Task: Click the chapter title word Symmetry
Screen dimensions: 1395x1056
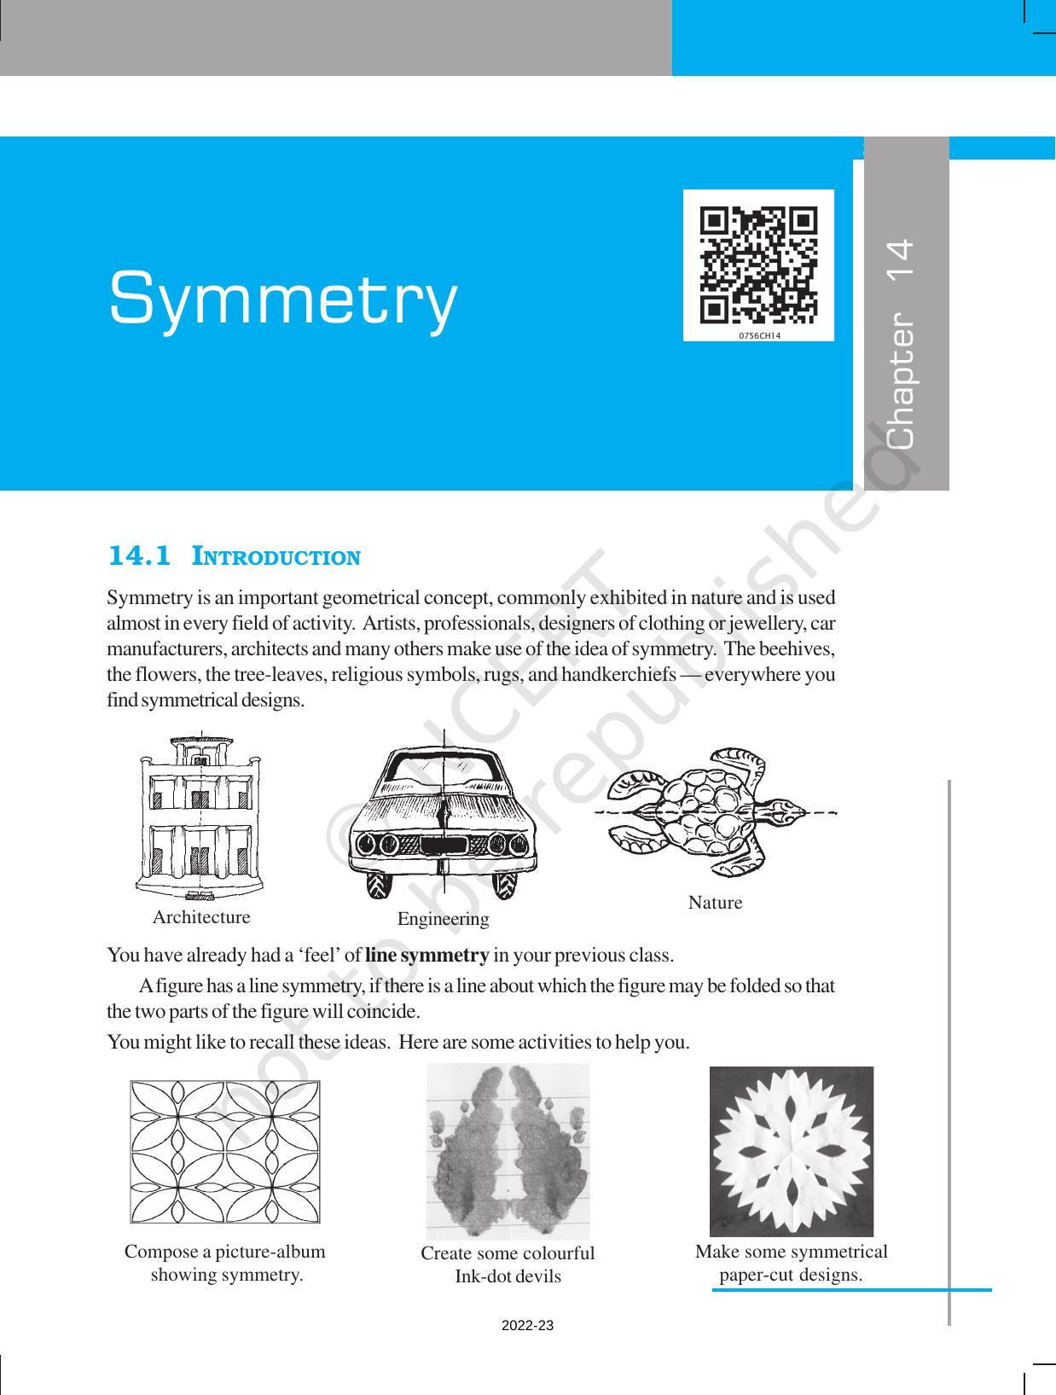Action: [x=283, y=299]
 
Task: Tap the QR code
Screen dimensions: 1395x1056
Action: [x=758, y=264]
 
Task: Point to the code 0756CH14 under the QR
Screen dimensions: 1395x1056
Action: [x=759, y=336]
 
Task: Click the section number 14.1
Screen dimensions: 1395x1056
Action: [x=139, y=556]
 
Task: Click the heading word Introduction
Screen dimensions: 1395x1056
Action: [x=276, y=558]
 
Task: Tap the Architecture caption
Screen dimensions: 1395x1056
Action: [x=201, y=917]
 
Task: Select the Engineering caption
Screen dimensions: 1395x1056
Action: [x=443, y=919]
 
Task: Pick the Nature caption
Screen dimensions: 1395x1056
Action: [x=715, y=903]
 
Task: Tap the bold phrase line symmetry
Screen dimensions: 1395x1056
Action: [x=426, y=955]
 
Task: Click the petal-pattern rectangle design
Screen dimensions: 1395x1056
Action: [x=224, y=1152]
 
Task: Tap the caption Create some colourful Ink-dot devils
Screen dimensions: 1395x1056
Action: [x=508, y=1264]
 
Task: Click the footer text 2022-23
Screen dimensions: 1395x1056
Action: [x=527, y=1326]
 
